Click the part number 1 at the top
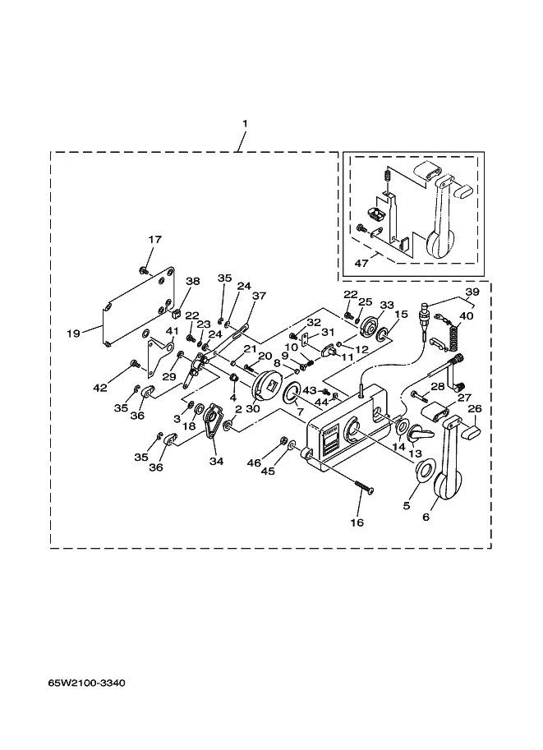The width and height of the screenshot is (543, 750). pyautogui.click(x=245, y=123)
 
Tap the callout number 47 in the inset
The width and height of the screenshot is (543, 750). pyautogui.click(x=361, y=263)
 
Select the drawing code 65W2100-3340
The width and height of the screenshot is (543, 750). pyautogui.click(x=86, y=683)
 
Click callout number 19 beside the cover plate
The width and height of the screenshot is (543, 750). pyautogui.click(x=73, y=333)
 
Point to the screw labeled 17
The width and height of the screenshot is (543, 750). pyautogui.click(x=142, y=270)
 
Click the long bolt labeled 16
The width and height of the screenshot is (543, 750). pyautogui.click(x=364, y=488)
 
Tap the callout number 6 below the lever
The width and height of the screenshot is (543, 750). pyautogui.click(x=426, y=517)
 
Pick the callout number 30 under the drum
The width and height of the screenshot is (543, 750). pyautogui.click(x=252, y=409)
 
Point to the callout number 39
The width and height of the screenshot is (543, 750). pyautogui.click(x=472, y=292)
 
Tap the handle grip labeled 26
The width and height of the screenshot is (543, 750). pyautogui.click(x=472, y=431)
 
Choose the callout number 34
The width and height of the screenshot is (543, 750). pyautogui.click(x=216, y=461)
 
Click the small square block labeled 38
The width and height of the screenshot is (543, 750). pyautogui.click(x=175, y=314)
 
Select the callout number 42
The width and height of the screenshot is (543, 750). pyautogui.click(x=100, y=388)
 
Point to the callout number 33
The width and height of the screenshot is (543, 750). pyautogui.click(x=387, y=305)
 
